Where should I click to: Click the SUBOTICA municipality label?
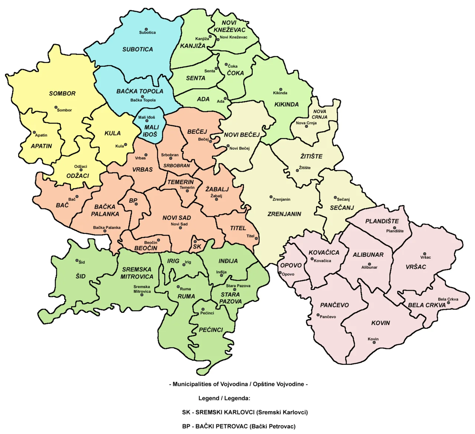(x=138, y=49)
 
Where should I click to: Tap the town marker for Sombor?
(x=56, y=108)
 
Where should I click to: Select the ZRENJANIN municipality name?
(x=284, y=214)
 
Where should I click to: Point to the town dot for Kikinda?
(x=281, y=90)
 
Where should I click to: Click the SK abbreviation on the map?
(x=197, y=246)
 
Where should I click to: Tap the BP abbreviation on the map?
(x=133, y=201)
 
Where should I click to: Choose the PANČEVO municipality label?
(x=334, y=305)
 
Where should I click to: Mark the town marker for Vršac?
(x=425, y=254)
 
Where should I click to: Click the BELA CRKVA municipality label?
(x=427, y=305)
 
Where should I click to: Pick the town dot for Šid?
(x=77, y=261)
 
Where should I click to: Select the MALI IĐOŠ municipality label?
(x=151, y=131)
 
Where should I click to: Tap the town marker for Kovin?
(x=374, y=342)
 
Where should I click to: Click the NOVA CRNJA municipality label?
(x=320, y=114)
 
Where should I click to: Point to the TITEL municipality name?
(x=238, y=228)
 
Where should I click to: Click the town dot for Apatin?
(x=34, y=132)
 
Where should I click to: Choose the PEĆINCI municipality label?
(x=211, y=330)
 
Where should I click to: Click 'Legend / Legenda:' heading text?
(x=224, y=398)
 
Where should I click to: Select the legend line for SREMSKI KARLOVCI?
(x=245, y=412)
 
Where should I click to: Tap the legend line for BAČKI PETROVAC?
(x=239, y=426)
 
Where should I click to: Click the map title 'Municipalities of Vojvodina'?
(x=238, y=384)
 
